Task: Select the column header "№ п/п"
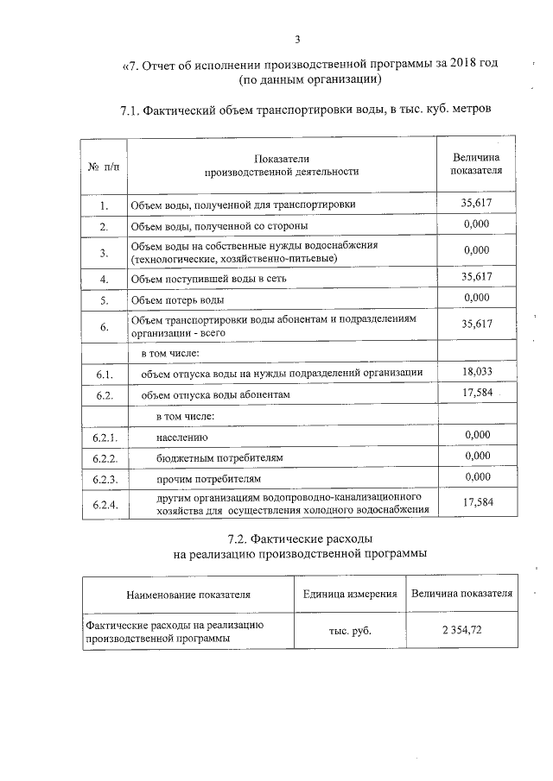point(103,164)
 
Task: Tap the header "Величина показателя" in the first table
point(476,163)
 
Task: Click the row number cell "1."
point(103,205)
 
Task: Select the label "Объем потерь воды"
point(177,300)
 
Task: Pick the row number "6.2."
point(104,395)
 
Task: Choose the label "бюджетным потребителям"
point(219,457)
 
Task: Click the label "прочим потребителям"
point(208,478)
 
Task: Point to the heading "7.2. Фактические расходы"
point(300,539)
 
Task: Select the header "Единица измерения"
point(350,594)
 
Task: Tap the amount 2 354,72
point(461,630)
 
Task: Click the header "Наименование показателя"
point(188,595)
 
